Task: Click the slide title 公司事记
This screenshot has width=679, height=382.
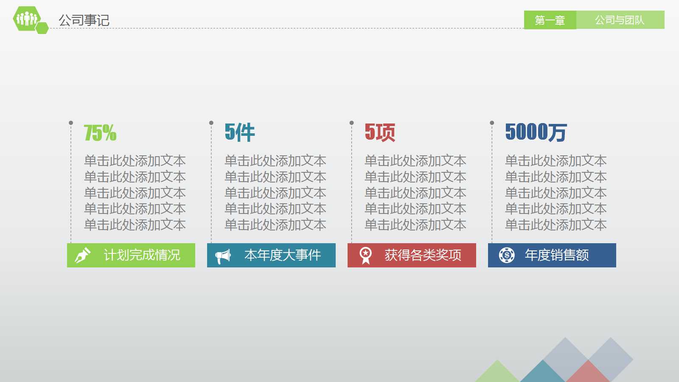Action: click(84, 20)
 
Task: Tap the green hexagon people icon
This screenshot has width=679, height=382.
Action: click(27, 19)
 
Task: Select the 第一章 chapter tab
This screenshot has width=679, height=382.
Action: click(550, 20)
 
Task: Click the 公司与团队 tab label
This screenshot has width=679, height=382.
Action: click(620, 20)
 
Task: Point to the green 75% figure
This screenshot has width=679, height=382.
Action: click(100, 132)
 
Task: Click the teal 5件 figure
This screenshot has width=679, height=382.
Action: click(240, 132)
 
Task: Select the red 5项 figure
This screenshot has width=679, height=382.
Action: click(380, 132)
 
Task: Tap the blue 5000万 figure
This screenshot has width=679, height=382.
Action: click(536, 132)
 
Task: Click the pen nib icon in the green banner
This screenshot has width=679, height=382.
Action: click(82, 255)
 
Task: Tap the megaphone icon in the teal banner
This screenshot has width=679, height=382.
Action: click(223, 256)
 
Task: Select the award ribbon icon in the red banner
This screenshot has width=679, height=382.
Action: click(365, 256)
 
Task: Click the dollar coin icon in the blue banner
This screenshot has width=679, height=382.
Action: click(507, 255)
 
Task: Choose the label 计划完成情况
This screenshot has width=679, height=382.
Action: click(142, 255)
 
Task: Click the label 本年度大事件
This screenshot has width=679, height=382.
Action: click(283, 255)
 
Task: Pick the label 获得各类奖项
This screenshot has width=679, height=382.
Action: click(423, 255)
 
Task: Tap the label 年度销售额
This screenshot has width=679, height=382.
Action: click(557, 255)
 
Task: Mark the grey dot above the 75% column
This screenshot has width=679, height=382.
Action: click(71, 123)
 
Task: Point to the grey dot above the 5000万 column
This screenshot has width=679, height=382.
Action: click(492, 123)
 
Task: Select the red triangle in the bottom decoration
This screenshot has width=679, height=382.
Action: click(588, 374)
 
